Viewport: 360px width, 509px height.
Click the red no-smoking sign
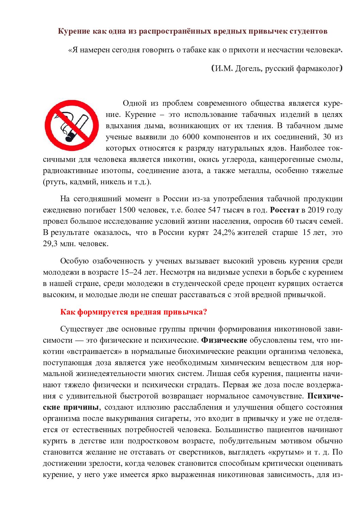pos(72,125)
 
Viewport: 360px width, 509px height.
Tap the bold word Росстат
pos(284,210)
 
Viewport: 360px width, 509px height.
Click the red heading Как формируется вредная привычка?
pos(133,312)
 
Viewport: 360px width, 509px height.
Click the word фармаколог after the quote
pos(318,69)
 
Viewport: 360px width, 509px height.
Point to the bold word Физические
pos(224,340)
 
